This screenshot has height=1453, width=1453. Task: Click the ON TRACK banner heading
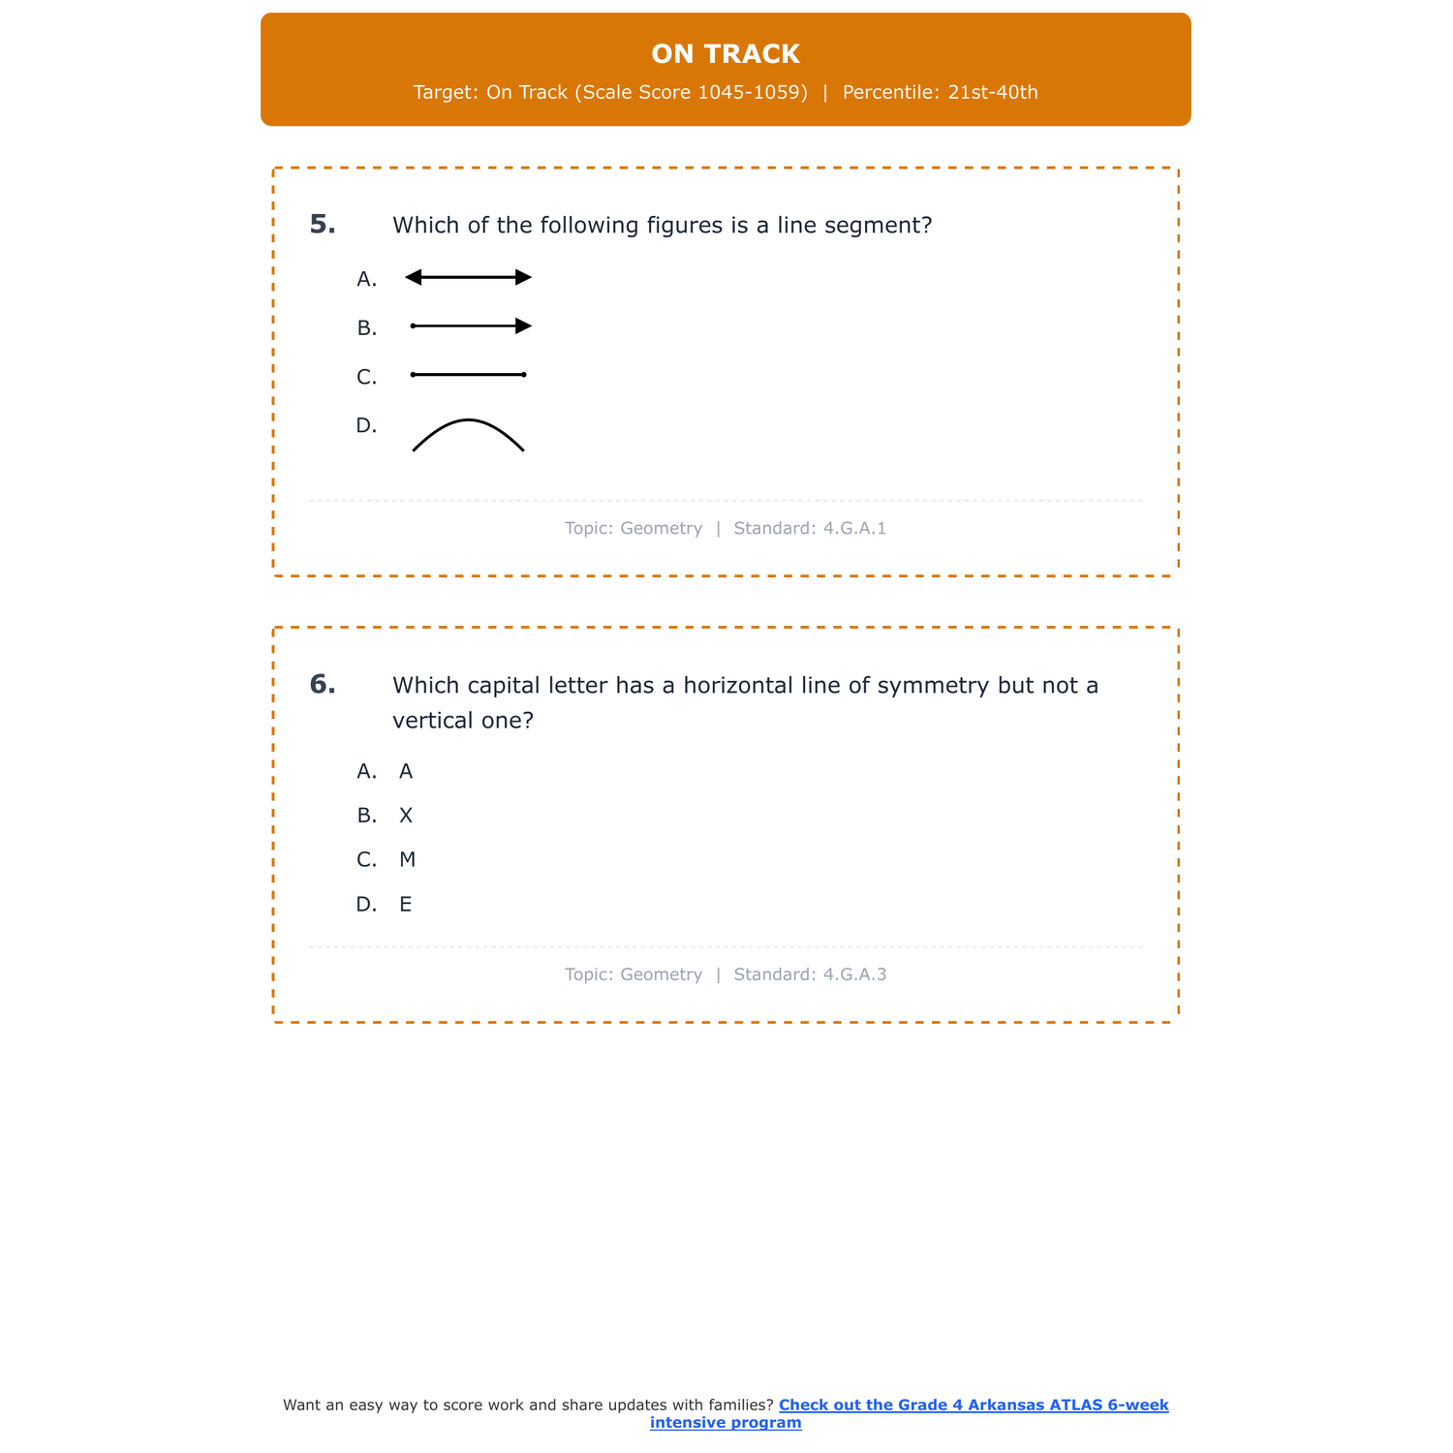726,54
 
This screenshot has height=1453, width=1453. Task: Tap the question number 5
323,225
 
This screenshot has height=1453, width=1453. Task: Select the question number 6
323,685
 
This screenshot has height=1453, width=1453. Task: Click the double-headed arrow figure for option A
469,278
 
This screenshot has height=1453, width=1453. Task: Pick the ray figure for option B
471,326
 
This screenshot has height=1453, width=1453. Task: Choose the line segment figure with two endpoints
469,375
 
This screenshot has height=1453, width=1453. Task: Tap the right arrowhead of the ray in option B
523,326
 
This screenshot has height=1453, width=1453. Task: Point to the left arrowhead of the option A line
414,278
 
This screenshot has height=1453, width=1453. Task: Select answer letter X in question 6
406,816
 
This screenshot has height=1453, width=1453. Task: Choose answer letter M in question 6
407,860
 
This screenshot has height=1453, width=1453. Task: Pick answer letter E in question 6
406,905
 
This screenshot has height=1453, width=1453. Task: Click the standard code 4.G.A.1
854,529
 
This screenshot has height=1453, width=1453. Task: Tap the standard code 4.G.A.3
854,974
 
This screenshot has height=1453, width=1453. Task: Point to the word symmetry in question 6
933,686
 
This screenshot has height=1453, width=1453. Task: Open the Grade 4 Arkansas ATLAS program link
973,1406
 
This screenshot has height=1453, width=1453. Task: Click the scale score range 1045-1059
752,93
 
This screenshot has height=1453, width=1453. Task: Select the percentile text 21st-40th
993,93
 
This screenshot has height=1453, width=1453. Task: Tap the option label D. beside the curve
366,425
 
